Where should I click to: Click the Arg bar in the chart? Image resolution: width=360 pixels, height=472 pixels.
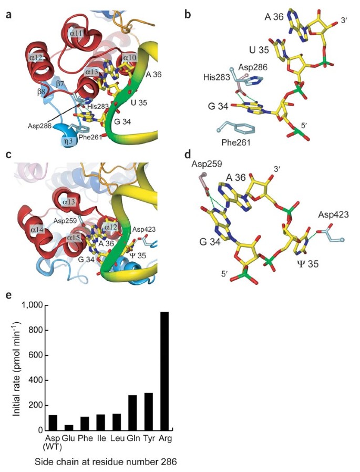(164, 371)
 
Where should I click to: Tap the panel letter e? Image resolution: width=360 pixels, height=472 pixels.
(8, 295)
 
